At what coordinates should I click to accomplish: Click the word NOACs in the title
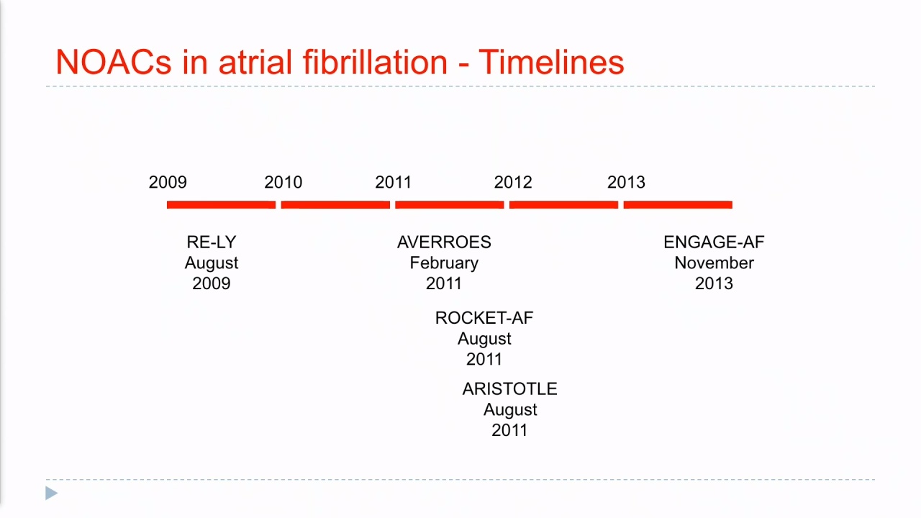pyautogui.click(x=114, y=62)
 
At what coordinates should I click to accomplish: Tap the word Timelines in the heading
pyautogui.click(x=551, y=62)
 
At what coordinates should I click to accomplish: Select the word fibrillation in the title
pyautogui.click(x=375, y=62)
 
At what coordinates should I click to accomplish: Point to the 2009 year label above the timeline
pyautogui.click(x=168, y=182)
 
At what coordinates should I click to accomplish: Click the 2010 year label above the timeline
pyautogui.click(x=283, y=182)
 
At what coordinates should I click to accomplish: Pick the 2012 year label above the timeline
pyautogui.click(x=513, y=182)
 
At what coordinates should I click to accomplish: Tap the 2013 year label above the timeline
pyautogui.click(x=626, y=182)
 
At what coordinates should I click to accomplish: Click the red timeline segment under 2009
pyautogui.click(x=221, y=205)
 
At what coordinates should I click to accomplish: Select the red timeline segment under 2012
pyautogui.click(x=563, y=205)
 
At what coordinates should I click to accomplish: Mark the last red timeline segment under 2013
pyautogui.click(x=678, y=205)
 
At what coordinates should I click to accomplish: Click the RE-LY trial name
pyautogui.click(x=212, y=242)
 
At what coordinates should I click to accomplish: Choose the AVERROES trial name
pyautogui.click(x=444, y=242)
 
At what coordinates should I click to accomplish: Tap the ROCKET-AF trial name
pyautogui.click(x=484, y=318)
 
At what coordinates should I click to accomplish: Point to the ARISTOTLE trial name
pyautogui.click(x=510, y=389)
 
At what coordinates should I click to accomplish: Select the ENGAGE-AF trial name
pyautogui.click(x=714, y=242)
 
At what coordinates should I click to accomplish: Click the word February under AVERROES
pyautogui.click(x=444, y=263)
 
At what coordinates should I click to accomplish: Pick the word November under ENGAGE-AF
pyautogui.click(x=714, y=263)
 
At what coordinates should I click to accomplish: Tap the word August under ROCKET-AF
pyautogui.click(x=484, y=339)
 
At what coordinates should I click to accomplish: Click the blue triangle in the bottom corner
pyautogui.click(x=51, y=494)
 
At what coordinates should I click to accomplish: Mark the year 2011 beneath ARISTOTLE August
pyautogui.click(x=510, y=430)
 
